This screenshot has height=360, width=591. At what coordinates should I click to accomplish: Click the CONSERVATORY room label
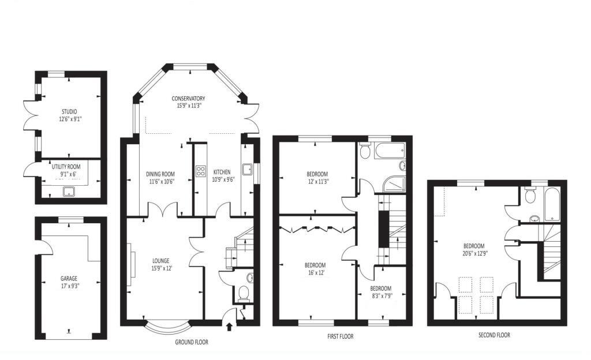coord(188,99)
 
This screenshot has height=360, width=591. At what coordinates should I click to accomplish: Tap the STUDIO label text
coord(69,111)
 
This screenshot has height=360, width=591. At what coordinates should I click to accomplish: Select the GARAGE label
coord(69,279)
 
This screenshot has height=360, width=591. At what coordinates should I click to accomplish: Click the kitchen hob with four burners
coord(200,171)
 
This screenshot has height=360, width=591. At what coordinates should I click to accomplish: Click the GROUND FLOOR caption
coord(192,342)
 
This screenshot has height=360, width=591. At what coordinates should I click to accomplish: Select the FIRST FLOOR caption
coord(341,336)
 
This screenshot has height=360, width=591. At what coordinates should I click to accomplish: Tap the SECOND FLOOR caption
coord(494,335)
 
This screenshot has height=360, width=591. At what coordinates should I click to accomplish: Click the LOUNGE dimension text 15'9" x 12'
coord(161,268)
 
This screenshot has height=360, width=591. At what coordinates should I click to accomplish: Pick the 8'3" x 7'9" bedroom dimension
coord(382,296)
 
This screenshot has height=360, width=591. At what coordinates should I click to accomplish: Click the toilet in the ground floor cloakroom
coord(244,293)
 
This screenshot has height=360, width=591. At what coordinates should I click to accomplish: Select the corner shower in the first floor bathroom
coord(394,184)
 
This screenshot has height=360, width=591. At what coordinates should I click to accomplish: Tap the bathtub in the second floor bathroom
coord(552,204)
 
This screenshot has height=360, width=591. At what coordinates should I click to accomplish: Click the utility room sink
coord(69,192)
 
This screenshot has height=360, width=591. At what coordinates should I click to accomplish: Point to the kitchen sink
coord(247,170)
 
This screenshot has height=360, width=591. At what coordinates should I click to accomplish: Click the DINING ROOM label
coord(160,174)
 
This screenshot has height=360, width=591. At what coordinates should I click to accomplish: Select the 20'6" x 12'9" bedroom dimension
coord(474,253)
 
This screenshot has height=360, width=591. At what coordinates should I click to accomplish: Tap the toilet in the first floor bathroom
coord(365,151)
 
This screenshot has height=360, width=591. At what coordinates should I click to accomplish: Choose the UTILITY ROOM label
coord(66,167)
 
